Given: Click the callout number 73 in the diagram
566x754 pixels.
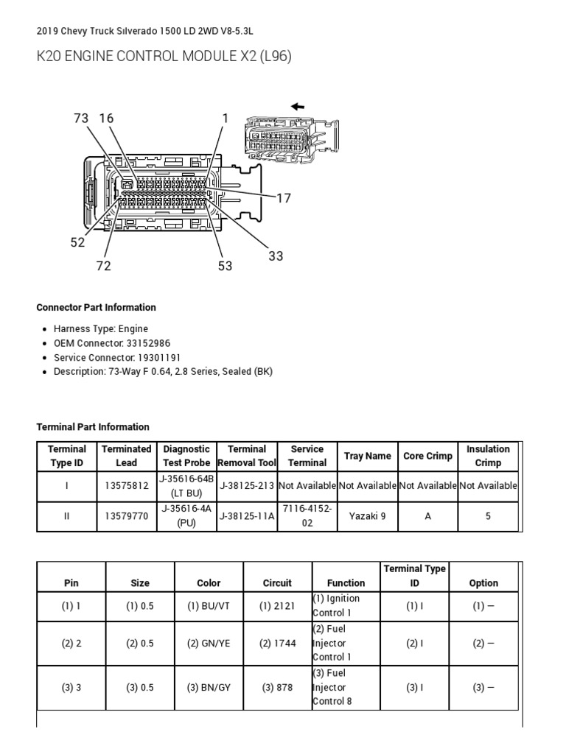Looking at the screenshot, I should (81, 119).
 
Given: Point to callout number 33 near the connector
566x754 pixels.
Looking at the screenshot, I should (276, 256).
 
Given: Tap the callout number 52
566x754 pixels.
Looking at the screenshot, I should (78, 242).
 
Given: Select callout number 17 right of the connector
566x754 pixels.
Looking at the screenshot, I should (284, 197).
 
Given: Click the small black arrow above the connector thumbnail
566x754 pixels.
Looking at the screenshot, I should (298, 107).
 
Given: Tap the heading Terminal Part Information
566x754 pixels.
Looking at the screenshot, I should (93, 427).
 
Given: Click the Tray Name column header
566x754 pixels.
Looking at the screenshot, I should (367, 456).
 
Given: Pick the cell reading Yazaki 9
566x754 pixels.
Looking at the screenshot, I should (367, 516).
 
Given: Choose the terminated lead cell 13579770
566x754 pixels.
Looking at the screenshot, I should (127, 516).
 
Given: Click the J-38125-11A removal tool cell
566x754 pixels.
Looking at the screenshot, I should (246, 516).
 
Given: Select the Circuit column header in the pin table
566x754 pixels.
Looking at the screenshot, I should (277, 582).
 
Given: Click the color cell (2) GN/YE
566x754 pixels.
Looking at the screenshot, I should (209, 643).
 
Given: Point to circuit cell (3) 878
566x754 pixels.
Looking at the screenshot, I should (277, 687).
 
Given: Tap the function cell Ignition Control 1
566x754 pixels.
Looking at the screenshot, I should (336, 605).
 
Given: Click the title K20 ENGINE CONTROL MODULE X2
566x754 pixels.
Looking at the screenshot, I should (164, 57).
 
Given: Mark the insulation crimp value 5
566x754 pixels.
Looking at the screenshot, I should (488, 516).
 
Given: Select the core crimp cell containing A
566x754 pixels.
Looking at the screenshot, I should (427, 516).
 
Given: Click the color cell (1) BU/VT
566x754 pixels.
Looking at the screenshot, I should (209, 605).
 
